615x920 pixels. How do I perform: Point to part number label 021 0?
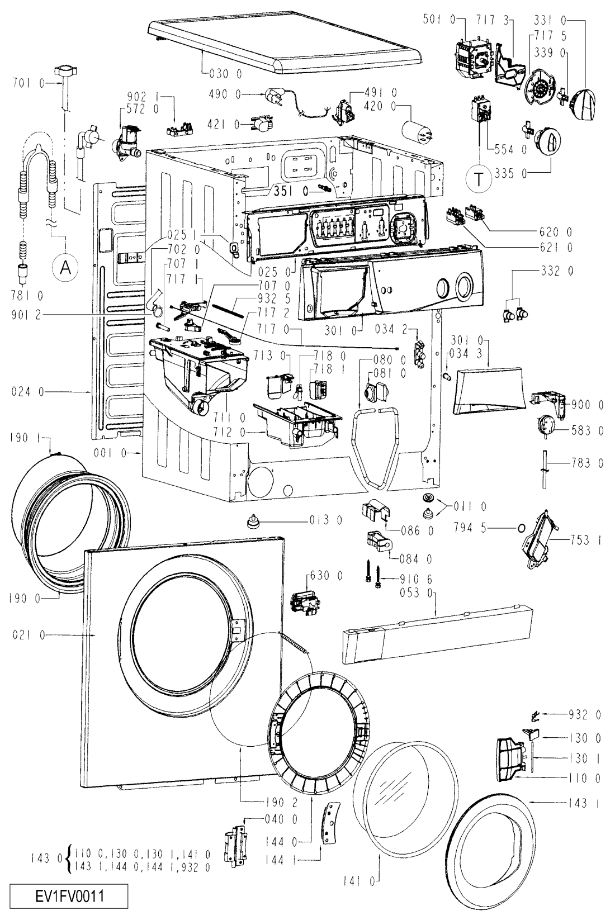pyautogui.click(x=28, y=635)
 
